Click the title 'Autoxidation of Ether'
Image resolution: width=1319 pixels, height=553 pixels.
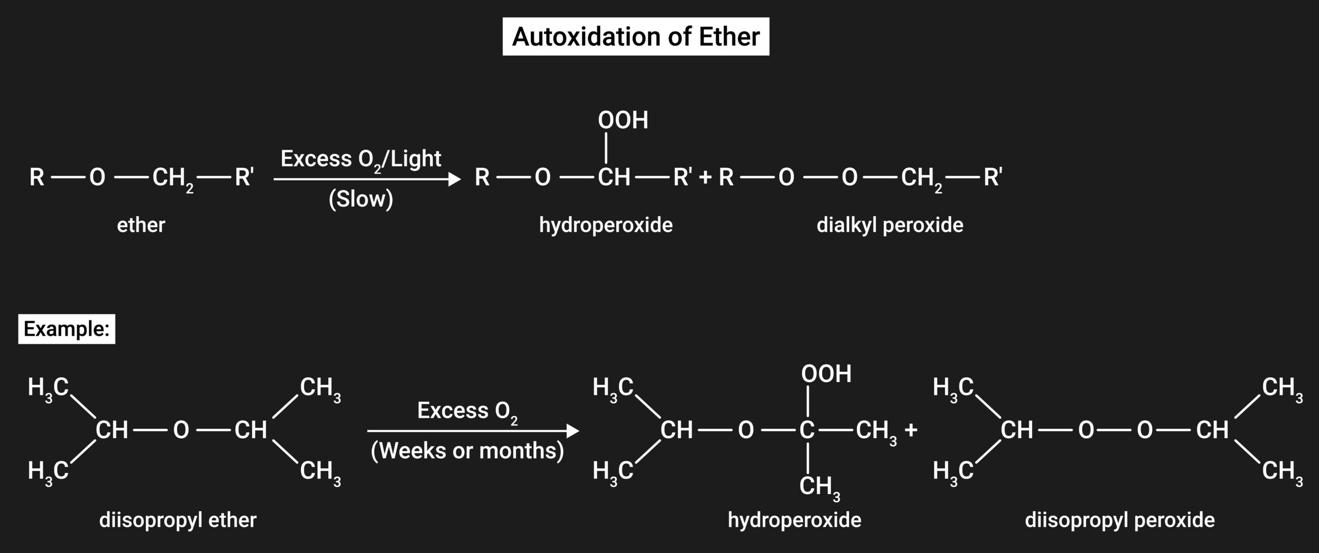click(x=636, y=37)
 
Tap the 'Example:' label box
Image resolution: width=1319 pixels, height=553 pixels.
click(x=66, y=329)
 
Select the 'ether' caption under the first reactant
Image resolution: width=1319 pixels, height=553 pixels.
click(x=141, y=225)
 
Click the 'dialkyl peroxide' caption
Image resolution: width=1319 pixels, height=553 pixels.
click(x=890, y=225)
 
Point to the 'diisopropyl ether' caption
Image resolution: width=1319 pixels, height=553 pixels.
click(x=178, y=520)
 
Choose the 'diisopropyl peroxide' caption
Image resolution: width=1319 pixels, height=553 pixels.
click(x=1120, y=520)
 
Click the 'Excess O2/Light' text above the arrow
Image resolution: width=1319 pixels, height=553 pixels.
click(x=361, y=159)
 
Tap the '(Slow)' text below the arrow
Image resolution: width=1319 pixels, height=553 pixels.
click(x=361, y=199)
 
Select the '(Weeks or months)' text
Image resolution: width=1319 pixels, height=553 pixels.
click(x=467, y=451)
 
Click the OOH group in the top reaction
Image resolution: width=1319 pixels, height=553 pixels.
click(x=623, y=120)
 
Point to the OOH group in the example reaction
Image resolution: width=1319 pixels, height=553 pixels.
click(x=826, y=374)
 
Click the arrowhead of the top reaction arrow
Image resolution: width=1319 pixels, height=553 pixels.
click(x=454, y=179)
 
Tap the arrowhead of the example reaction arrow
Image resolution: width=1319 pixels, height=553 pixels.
click(x=572, y=431)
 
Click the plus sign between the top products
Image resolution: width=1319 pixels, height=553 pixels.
click(x=705, y=178)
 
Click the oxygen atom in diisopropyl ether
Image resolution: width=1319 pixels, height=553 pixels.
click(x=181, y=430)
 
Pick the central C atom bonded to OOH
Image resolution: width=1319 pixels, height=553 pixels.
click(x=807, y=430)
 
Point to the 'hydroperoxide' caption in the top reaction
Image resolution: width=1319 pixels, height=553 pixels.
click(x=605, y=225)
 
